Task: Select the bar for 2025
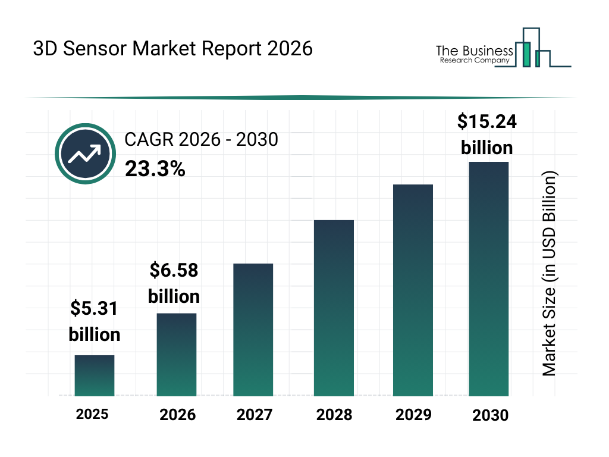coord(94,375)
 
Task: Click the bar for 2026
coord(176,355)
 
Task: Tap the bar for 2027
coord(253,330)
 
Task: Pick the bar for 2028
coord(334,308)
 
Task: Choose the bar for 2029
coord(413,290)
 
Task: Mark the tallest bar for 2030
coord(488,278)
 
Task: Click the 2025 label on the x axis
coord(92,414)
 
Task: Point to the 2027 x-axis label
coord(255,415)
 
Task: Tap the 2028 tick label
coord(334,415)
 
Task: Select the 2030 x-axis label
coord(491,415)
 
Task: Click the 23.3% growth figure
coord(155,170)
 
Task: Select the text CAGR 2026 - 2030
coord(201,140)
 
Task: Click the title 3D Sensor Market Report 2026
coord(172,48)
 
